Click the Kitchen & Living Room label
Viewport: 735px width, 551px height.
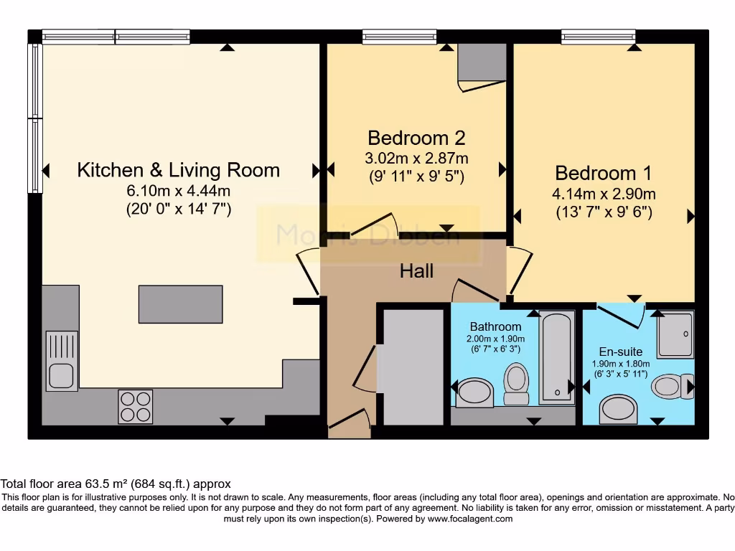[178, 171]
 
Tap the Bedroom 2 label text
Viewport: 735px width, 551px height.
[416, 138]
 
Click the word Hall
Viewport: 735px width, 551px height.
[417, 271]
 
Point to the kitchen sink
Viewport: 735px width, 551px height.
[61, 361]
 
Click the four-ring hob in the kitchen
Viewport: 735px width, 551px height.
[135, 406]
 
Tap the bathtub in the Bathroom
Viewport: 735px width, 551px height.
[556, 357]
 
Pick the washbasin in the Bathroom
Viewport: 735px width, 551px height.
[474, 392]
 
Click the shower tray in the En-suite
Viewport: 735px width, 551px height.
[675, 334]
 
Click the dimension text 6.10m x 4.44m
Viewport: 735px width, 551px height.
[178, 191]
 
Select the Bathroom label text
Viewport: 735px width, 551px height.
[495, 327]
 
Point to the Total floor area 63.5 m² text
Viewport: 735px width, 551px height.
[116, 484]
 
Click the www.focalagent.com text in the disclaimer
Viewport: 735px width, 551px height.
[470, 519]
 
